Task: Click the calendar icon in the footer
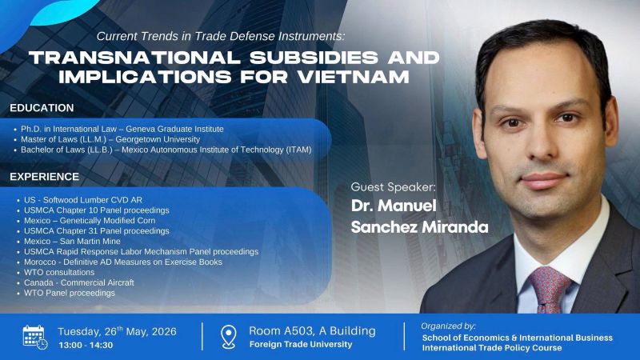[x=35, y=337]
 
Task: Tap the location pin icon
[x=228, y=337]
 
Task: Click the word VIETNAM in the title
[x=354, y=77]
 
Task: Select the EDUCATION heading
[x=42, y=108]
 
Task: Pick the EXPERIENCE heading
[x=45, y=177]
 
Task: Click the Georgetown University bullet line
[x=110, y=139]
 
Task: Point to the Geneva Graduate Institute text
[x=174, y=129]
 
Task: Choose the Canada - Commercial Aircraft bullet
[x=78, y=282]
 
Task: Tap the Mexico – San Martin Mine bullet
[x=72, y=242]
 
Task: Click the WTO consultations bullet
[x=59, y=272]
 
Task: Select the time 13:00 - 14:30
[x=86, y=346]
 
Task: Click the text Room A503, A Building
[x=312, y=330]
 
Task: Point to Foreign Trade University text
[x=301, y=345]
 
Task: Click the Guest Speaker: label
[x=393, y=187]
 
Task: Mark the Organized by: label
[x=448, y=326]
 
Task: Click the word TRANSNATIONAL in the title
[x=135, y=58]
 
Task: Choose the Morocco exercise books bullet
[x=123, y=262]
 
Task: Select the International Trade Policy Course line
[x=492, y=348]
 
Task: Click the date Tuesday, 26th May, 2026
[x=117, y=331]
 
